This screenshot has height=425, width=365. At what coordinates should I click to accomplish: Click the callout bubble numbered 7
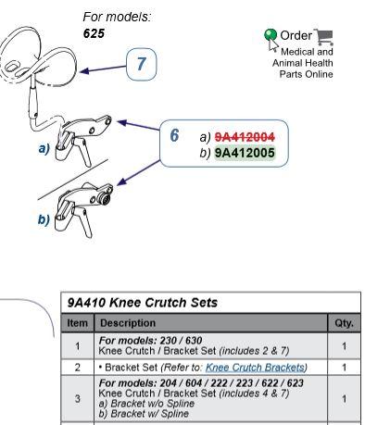pyautogui.click(x=142, y=64)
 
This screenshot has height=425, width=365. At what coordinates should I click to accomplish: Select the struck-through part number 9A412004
pyautogui.click(x=245, y=137)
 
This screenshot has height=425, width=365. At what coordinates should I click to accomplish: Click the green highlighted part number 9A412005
pyautogui.click(x=245, y=153)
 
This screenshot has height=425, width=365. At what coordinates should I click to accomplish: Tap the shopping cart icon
pyautogui.click(x=323, y=37)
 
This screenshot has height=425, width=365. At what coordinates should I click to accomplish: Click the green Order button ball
pyautogui.click(x=271, y=34)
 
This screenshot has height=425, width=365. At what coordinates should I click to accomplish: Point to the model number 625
pyautogui.click(x=94, y=33)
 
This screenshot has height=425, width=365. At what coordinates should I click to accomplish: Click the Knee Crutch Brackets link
pyautogui.click(x=255, y=368)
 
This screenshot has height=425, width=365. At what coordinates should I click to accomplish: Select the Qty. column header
pyautogui.click(x=344, y=323)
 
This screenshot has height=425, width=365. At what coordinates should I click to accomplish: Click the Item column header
pyautogui.click(x=77, y=323)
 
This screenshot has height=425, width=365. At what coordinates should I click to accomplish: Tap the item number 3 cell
pyautogui.click(x=77, y=398)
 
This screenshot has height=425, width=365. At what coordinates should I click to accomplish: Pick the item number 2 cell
pyautogui.click(x=77, y=368)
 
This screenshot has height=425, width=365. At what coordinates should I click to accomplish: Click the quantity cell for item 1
pyautogui.click(x=344, y=346)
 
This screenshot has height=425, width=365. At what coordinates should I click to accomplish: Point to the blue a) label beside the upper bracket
pyautogui.click(x=44, y=149)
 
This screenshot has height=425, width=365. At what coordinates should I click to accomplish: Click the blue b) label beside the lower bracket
pyautogui.click(x=44, y=219)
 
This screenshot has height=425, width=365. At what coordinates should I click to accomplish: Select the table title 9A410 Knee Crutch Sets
pyautogui.click(x=143, y=303)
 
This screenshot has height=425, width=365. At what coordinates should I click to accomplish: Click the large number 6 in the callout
pyautogui.click(x=174, y=135)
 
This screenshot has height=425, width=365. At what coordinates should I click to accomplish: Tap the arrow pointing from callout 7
pyautogui.click(x=103, y=69)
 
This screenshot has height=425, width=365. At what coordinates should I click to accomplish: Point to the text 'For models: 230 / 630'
pyautogui.click(x=150, y=341)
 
